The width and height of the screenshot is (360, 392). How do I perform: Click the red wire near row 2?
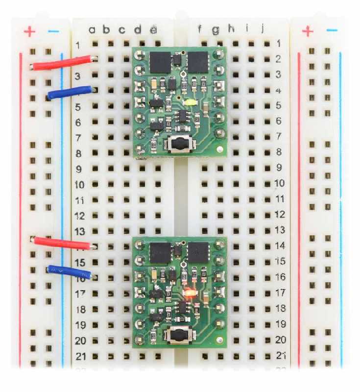click(x=61, y=62)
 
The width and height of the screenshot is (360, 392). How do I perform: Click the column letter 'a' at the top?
click(x=92, y=30)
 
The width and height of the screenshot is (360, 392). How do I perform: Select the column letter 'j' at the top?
click(x=263, y=29)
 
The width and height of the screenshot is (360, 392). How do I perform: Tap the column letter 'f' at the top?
click(x=200, y=30)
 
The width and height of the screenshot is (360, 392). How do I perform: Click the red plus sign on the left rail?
click(x=30, y=32)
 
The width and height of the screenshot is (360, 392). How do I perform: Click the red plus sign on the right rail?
click(x=308, y=32)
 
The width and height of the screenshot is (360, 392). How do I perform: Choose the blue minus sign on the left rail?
click(x=53, y=31)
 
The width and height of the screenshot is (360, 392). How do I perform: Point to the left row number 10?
click(x=80, y=185)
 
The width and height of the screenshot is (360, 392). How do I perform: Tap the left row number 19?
click(x=80, y=324)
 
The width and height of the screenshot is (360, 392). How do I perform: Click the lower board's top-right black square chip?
click(x=198, y=252)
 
